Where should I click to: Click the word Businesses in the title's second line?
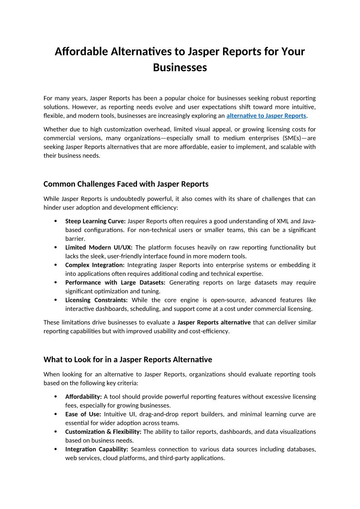[x=180, y=68]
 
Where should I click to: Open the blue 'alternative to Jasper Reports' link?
[x=267, y=116]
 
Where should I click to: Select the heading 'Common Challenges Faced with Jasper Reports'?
[x=126, y=184]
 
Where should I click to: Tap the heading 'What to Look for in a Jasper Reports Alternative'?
[x=128, y=359]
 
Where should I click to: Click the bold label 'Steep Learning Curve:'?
[x=95, y=221]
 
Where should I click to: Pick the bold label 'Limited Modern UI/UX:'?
[x=99, y=247]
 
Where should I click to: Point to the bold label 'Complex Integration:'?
[x=95, y=265]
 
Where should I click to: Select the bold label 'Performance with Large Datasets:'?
[x=115, y=282]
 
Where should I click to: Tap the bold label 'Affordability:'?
[x=83, y=397]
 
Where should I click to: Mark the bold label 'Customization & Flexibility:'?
[x=103, y=431]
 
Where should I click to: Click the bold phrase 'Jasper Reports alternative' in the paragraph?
[x=214, y=322]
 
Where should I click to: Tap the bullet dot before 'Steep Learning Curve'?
[x=56, y=221]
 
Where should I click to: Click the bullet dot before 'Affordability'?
[x=56, y=397]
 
